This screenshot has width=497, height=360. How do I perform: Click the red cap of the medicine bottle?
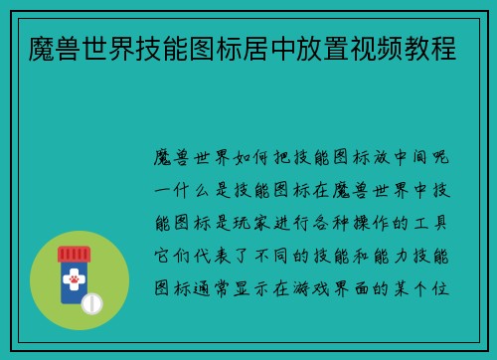(75, 254)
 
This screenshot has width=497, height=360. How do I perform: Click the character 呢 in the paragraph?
(448, 158)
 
